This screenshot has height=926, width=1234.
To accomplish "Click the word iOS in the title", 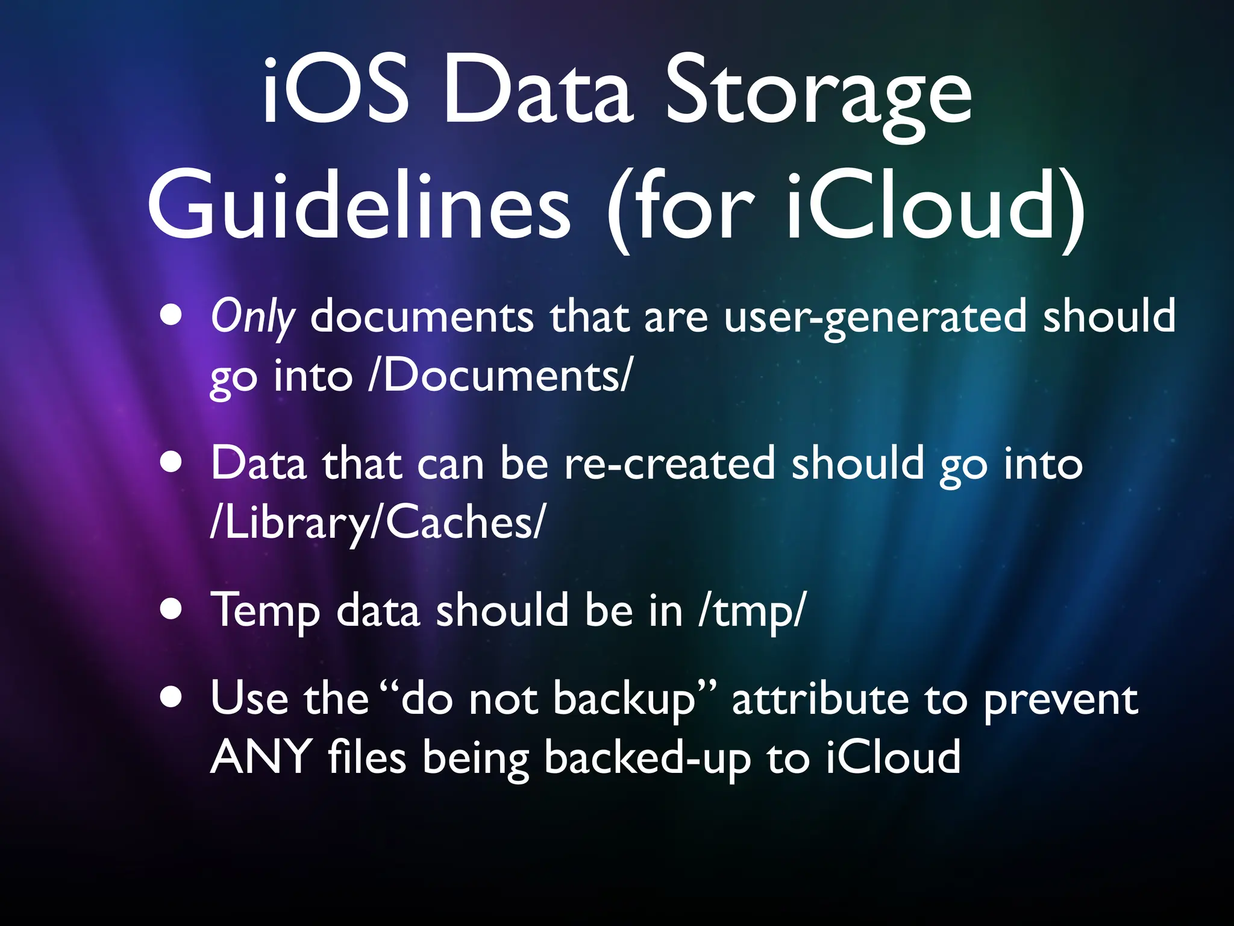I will click(x=335, y=90).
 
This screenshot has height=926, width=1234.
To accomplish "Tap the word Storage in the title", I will click(x=818, y=96).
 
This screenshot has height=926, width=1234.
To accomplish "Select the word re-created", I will click(x=669, y=464).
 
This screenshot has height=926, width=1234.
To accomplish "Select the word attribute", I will click(x=820, y=699).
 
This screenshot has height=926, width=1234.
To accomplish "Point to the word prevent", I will click(x=1060, y=701).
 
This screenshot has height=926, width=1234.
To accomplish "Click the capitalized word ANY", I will click(x=261, y=757).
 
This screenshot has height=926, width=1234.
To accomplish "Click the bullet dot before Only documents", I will click(x=172, y=315).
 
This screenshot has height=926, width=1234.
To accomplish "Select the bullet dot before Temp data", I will click(x=172, y=609).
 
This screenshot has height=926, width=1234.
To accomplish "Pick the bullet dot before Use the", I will click(x=172, y=697).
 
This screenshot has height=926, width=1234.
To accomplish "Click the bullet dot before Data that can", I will click(x=172, y=462).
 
